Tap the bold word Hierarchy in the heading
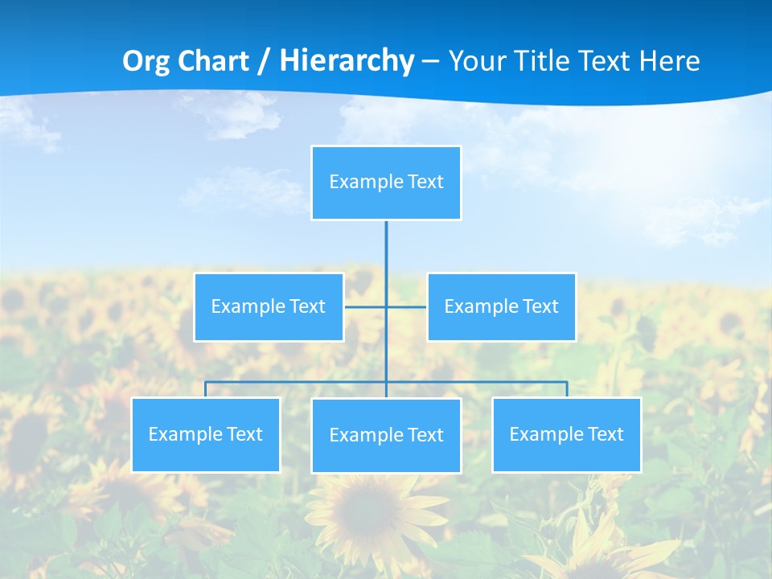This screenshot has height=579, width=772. [x=346, y=61]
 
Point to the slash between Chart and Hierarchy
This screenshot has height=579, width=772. [x=264, y=61]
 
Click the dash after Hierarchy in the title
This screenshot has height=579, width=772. [x=430, y=61]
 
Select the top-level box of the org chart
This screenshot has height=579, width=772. [x=386, y=183]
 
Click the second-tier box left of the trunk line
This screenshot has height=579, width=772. [x=269, y=307]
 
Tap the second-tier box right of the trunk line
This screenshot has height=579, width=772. [x=501, y=307]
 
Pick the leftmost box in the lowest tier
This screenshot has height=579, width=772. [x=206, y=435]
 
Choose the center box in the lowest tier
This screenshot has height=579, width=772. [x=386, y=436]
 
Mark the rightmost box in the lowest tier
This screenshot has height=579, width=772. [x=566, y=435]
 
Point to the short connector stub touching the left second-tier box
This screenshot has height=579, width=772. [x=358, y=306]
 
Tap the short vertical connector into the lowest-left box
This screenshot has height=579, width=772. [x=206, y=389]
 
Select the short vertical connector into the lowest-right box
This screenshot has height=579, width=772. [x=566, y=389]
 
